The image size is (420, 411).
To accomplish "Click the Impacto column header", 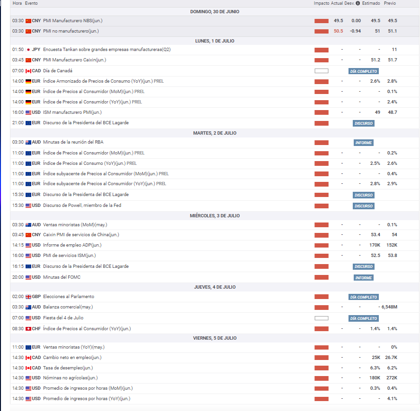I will pyautogui.click(x=321, y=3).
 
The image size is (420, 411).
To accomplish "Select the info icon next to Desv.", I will pyautogui.click(x=357, y=3).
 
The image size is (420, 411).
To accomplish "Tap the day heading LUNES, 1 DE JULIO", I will pyautogui.click(x=214, y=41).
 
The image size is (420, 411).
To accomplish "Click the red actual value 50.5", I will pyautogui.click(x=338, y=31).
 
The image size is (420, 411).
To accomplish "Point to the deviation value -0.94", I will pyautogui.click(x=356, y=31).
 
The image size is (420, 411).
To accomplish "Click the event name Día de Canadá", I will pyautogui.click(x=58, y=71).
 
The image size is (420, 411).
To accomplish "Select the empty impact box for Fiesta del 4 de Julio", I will pyautogui.click(x=321, y=318).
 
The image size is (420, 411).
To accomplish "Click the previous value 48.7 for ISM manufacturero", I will pyautogui.click(x=392, y=112).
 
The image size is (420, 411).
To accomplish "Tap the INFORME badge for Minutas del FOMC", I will pyautogui.click(x=364, y=278).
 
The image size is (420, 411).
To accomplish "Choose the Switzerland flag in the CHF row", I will pyautogui.click(x=28, y=329).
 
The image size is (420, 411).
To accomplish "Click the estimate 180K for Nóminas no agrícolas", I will pyautogui.click(x=375, y=378).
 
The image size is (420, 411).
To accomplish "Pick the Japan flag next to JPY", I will pyautogui.click(x=28, y=50).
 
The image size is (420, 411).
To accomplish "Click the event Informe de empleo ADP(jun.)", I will pyautogui.click(x=72, y=245).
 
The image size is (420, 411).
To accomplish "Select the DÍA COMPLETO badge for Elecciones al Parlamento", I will pyautogui.click(x=364, y=297).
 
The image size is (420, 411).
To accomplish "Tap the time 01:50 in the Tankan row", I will pyautogui.click(x=18, y=50).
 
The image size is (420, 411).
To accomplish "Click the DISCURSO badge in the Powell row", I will pyautogui.click(x=364, y=206).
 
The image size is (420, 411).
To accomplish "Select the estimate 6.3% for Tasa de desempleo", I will pyautogui.click(x=375, y=368).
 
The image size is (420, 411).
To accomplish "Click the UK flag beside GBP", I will pyautogui.click(x=28, y=297).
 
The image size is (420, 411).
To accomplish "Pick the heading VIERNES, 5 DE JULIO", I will pyautogui.click(x=214, y=338).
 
